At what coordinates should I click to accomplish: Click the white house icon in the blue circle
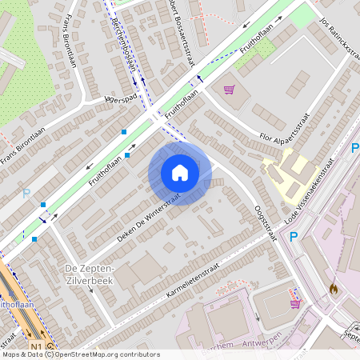click(x=180, y=173)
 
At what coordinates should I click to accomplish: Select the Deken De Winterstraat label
click(x=149, y=216)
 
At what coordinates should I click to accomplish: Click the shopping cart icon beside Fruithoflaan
click(x=229, y=90)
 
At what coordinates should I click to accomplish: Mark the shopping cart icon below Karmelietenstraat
click(x=294, y=303)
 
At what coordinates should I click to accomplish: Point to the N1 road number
click(x=36, y=346)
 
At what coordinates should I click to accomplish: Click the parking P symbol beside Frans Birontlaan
click(x=26, y=193)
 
